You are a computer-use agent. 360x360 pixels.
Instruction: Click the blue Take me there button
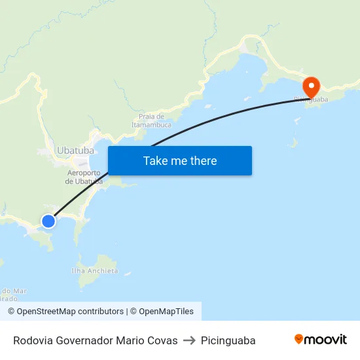[180, 160]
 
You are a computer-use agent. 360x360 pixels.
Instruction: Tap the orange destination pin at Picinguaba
[310, 86]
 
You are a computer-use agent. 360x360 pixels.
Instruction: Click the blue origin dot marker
[48, 221]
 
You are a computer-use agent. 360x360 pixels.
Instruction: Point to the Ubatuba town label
[76, 150]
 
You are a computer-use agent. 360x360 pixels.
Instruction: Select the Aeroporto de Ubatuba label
[84, 177]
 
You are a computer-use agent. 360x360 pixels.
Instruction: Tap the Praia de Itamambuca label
[151, 120]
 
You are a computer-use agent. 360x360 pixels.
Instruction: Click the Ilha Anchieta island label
[95, 270]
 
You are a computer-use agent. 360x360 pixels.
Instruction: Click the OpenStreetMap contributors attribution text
[65, 312]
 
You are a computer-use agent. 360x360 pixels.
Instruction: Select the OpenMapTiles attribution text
[166, 312]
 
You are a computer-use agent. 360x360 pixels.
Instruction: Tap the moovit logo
[320, 340]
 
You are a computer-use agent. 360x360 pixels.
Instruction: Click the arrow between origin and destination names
[189, 340]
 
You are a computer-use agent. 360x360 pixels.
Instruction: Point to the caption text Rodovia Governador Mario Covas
[95, 340]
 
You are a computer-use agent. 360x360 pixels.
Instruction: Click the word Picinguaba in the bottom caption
[228, 340]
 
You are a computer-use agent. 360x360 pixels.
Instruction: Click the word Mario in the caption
[130, 340]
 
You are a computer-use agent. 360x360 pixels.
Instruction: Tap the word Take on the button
[155, 160]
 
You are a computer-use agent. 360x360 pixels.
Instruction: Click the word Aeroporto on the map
[84, 173]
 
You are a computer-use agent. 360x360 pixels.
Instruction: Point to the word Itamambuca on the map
[151, 124]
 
